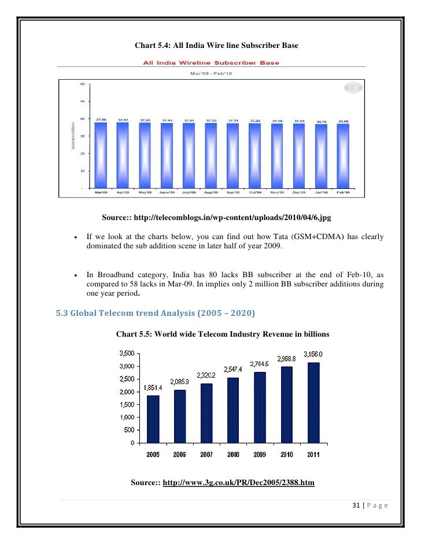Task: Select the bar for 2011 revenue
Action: [313, 403]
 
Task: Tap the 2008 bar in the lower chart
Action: [233, 410]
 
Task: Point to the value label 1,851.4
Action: [152, 387]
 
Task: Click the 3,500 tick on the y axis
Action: [127, 353]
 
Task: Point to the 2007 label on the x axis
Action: [206, 455]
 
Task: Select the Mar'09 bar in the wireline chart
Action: [101, 156]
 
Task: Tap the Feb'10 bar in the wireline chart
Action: [343, 157]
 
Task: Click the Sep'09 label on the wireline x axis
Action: [233, 193]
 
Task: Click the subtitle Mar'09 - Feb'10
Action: [211, 73]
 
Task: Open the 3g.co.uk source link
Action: [239, 482]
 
